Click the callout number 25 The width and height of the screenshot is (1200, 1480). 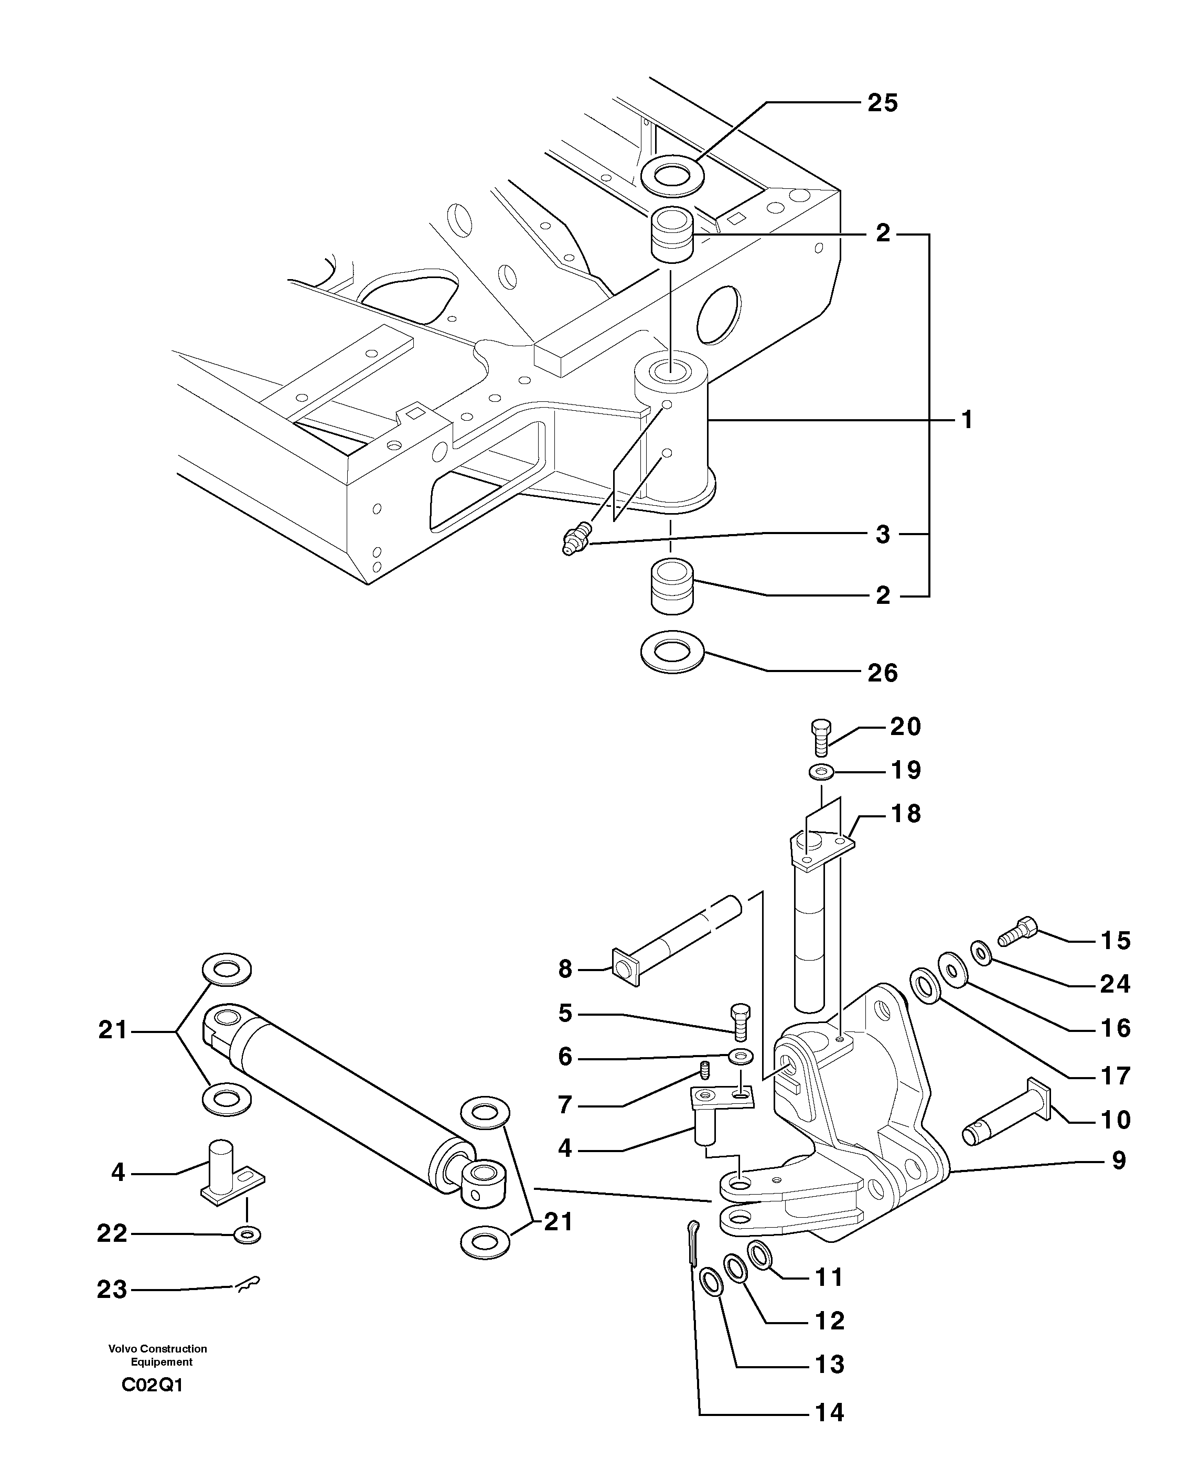click(x=882, y=103)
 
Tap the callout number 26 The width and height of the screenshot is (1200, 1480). click(x=882, y=673)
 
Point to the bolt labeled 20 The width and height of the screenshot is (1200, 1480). click(x=820, y=738)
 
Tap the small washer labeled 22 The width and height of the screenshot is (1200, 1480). click(x=248, y=1234)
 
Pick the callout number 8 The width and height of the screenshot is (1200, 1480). click(x=565, y=969)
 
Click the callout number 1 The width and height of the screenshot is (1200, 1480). click(x=967, y=420)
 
